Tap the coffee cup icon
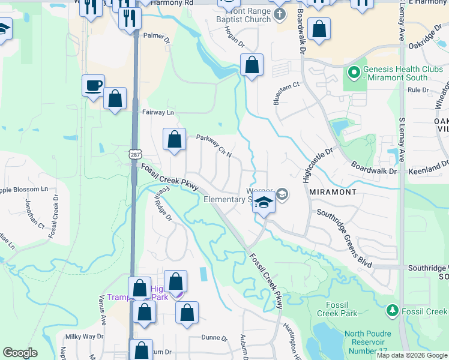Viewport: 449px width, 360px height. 93,85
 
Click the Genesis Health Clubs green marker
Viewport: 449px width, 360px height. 354,73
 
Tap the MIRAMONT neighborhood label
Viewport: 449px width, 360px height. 333,192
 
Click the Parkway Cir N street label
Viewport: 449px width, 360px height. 214,146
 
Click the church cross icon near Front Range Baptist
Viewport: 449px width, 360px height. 280,14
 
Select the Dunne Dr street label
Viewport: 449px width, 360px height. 214,338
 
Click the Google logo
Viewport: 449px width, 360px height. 20,353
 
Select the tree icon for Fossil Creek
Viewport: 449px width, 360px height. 393,311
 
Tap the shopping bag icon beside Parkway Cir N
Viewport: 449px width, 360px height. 174,140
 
